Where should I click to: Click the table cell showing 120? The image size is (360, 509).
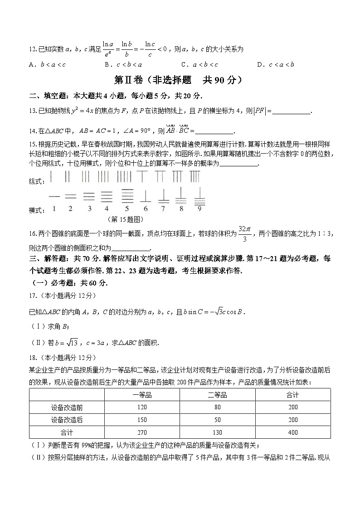coord(142,407)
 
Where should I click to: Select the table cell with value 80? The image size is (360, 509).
coord(217,407)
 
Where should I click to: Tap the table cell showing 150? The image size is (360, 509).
coord(142,420)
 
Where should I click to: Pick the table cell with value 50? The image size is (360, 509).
coord(217,420)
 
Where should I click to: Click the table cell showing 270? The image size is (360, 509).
coord(142,432)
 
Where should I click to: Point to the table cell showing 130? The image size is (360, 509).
coord(217,432)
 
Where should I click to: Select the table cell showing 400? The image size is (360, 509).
coord(292,432)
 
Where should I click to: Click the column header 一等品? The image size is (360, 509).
coord(142,395)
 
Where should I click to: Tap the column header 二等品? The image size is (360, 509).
coord(217,395)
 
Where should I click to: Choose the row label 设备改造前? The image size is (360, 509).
coord(67,407)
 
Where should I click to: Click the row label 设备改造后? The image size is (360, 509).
coord(67,420)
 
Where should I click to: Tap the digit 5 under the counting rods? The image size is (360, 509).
coord(127,209)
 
